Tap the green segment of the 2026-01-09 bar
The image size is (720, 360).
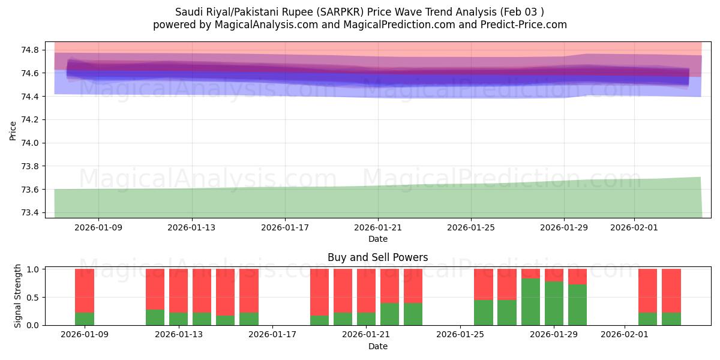[x=85, y=319]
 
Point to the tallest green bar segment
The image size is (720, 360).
[x=530, y=302]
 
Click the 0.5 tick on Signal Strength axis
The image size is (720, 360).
[x=34, y=298]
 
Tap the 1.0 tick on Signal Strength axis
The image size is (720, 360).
[x=34, y=269]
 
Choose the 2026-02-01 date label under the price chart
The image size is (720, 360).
[x=634, y=227]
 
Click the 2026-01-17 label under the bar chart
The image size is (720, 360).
[x=272, y=335]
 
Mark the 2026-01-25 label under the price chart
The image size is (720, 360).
[x=470, y=227]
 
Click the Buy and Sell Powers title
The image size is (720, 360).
[x=378, y=257]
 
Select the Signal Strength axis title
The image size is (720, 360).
[x=18, y=296]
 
